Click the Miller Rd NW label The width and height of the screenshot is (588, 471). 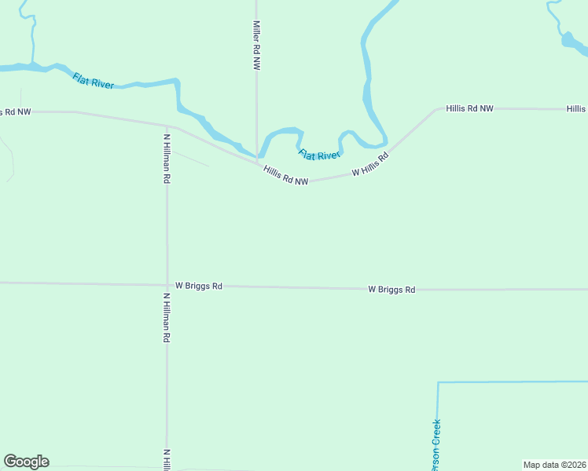256,46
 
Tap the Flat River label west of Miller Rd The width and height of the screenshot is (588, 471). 94,80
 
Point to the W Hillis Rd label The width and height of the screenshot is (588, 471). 370,165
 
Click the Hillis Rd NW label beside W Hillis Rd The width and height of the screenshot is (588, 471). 285,175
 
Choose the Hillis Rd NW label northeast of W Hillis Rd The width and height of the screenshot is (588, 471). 469,108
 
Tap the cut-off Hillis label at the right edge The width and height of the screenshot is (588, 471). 576,108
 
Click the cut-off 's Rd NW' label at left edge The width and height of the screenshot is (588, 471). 15,111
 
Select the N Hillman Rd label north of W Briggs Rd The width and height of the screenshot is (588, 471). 167,159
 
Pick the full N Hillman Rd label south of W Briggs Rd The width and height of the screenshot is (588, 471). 167,318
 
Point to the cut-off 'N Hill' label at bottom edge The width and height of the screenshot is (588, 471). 167,460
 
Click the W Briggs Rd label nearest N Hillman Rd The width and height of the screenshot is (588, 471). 199,286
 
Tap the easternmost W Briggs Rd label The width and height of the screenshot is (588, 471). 391,289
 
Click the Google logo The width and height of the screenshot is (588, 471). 26,462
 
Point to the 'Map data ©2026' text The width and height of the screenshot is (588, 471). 554,465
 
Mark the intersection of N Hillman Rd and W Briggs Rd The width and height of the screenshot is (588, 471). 167,285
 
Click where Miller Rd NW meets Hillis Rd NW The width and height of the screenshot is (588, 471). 257,162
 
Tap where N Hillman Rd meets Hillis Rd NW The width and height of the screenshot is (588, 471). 167,125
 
